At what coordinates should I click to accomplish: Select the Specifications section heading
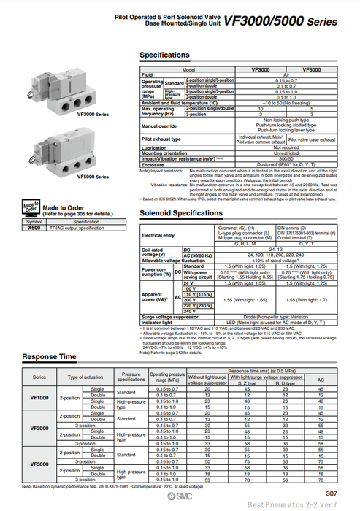(164, 55)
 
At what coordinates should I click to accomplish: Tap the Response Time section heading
(49, 357)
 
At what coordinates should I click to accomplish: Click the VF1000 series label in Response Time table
(40, 397)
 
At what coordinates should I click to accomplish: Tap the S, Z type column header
(247, 383)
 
